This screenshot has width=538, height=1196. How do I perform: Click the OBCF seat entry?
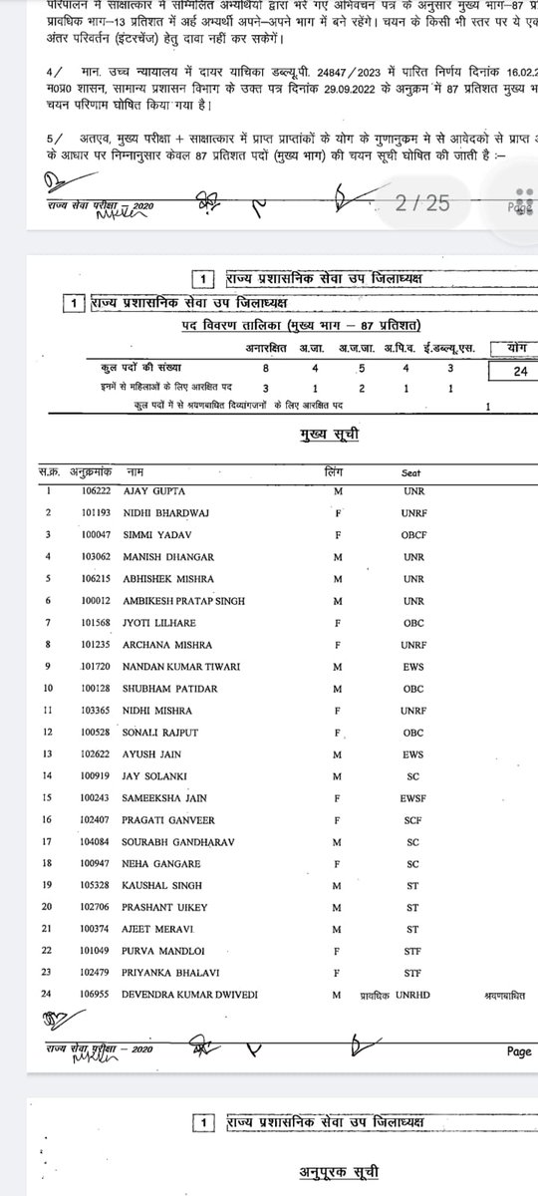coord(413,535)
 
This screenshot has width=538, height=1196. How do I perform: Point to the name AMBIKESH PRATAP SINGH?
coord(184,601)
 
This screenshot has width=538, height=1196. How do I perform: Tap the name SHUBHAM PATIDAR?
coord(166,689)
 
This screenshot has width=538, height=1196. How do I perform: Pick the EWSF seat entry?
coord(413,798)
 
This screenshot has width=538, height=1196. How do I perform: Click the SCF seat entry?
coord(413,820)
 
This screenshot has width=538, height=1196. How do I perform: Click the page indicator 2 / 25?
coord(422,203)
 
